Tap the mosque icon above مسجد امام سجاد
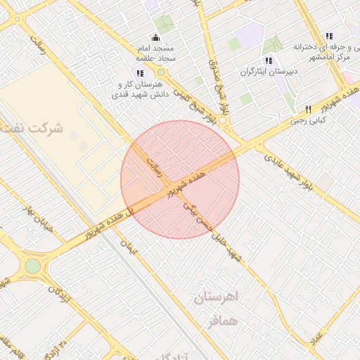point(155,38)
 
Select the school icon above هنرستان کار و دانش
point(141,73)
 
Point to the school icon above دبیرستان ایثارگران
point(268,60)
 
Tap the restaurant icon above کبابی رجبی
point(308,109)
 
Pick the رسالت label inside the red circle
point(153,167)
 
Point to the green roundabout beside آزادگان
point(33,266)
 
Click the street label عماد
point(316,338)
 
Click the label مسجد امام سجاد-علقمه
point(160,55)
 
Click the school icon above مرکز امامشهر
point(328,37)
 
